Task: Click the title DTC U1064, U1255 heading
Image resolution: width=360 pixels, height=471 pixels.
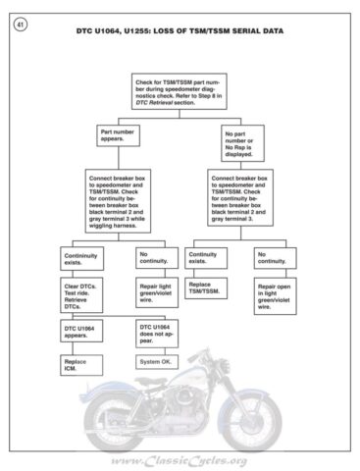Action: tap(180, 31)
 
